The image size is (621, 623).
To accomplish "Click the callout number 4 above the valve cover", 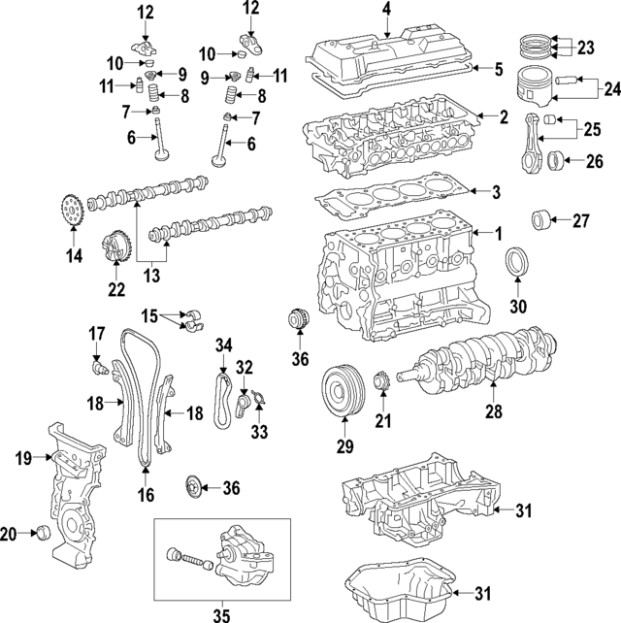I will pos(385,11).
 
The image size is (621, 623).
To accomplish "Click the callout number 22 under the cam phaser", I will pos(116,288).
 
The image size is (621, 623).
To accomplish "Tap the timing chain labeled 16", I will pos(140,398).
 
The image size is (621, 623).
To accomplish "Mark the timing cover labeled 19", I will pos(73,495).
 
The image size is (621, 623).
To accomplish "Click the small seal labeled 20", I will pos(41,533).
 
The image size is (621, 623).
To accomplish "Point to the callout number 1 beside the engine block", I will pos(497,234).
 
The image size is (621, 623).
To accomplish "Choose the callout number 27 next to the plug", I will pos(580,220).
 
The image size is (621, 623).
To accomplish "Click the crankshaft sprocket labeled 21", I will pos(380,380).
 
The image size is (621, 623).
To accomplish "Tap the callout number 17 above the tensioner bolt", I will pos(97,335).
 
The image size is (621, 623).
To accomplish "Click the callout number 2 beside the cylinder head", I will pos(504,117).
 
